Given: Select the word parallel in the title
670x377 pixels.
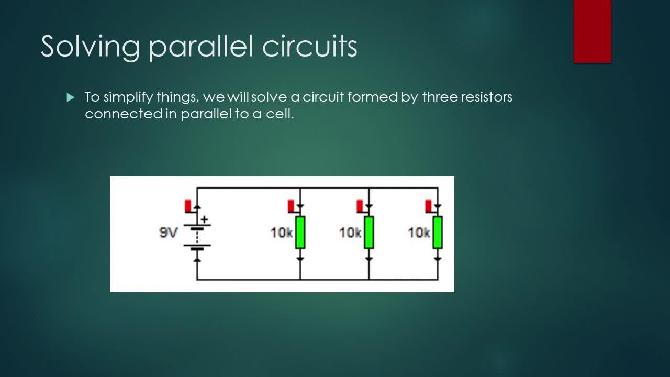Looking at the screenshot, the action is coord(200,47).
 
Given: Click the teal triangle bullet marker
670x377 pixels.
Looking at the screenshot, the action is coord(71,97).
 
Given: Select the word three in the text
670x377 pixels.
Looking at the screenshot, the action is coord(440,97).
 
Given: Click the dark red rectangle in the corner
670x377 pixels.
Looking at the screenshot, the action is coord(592,31).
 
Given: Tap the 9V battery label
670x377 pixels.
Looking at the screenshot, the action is coord(169,232).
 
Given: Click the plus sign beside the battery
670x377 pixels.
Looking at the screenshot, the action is coord(205,219).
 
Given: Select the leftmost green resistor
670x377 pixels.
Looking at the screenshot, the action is coord(300,232).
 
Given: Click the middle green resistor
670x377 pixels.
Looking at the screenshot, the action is coord(369,232).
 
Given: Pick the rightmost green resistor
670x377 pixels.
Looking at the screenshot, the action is coord(438,232).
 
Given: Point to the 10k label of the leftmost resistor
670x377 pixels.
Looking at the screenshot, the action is coord(281,232).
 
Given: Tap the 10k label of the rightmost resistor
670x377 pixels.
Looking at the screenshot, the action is coord(419,232).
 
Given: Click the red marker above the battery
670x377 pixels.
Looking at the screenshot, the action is coord(188,206).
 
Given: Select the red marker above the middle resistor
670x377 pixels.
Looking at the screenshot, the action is coord(360,206).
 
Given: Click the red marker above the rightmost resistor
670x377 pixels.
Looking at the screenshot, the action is coord(429,206).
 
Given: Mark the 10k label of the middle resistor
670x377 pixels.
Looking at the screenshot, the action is coord(350,232).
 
